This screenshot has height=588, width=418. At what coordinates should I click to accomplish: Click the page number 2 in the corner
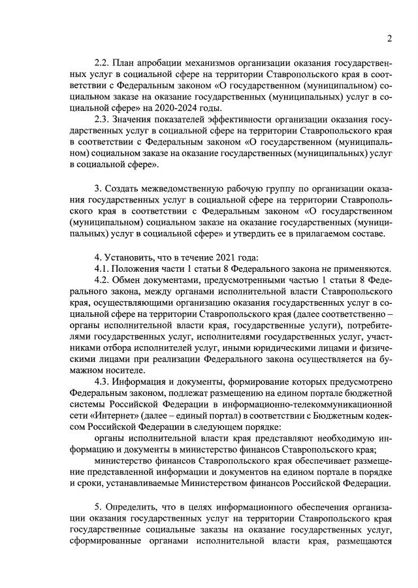tap(389, 39)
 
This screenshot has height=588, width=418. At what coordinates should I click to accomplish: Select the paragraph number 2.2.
tap(103, 65)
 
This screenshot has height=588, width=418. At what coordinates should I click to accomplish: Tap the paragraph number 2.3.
tap(103, 122)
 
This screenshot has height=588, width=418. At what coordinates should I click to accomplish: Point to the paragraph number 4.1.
tap(103, 269)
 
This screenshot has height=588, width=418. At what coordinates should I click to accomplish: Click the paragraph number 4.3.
tap(103, 381)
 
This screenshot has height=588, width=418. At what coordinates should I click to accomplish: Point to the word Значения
tap(138, 122)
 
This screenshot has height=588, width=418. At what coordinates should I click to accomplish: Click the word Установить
tap(133, 255)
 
